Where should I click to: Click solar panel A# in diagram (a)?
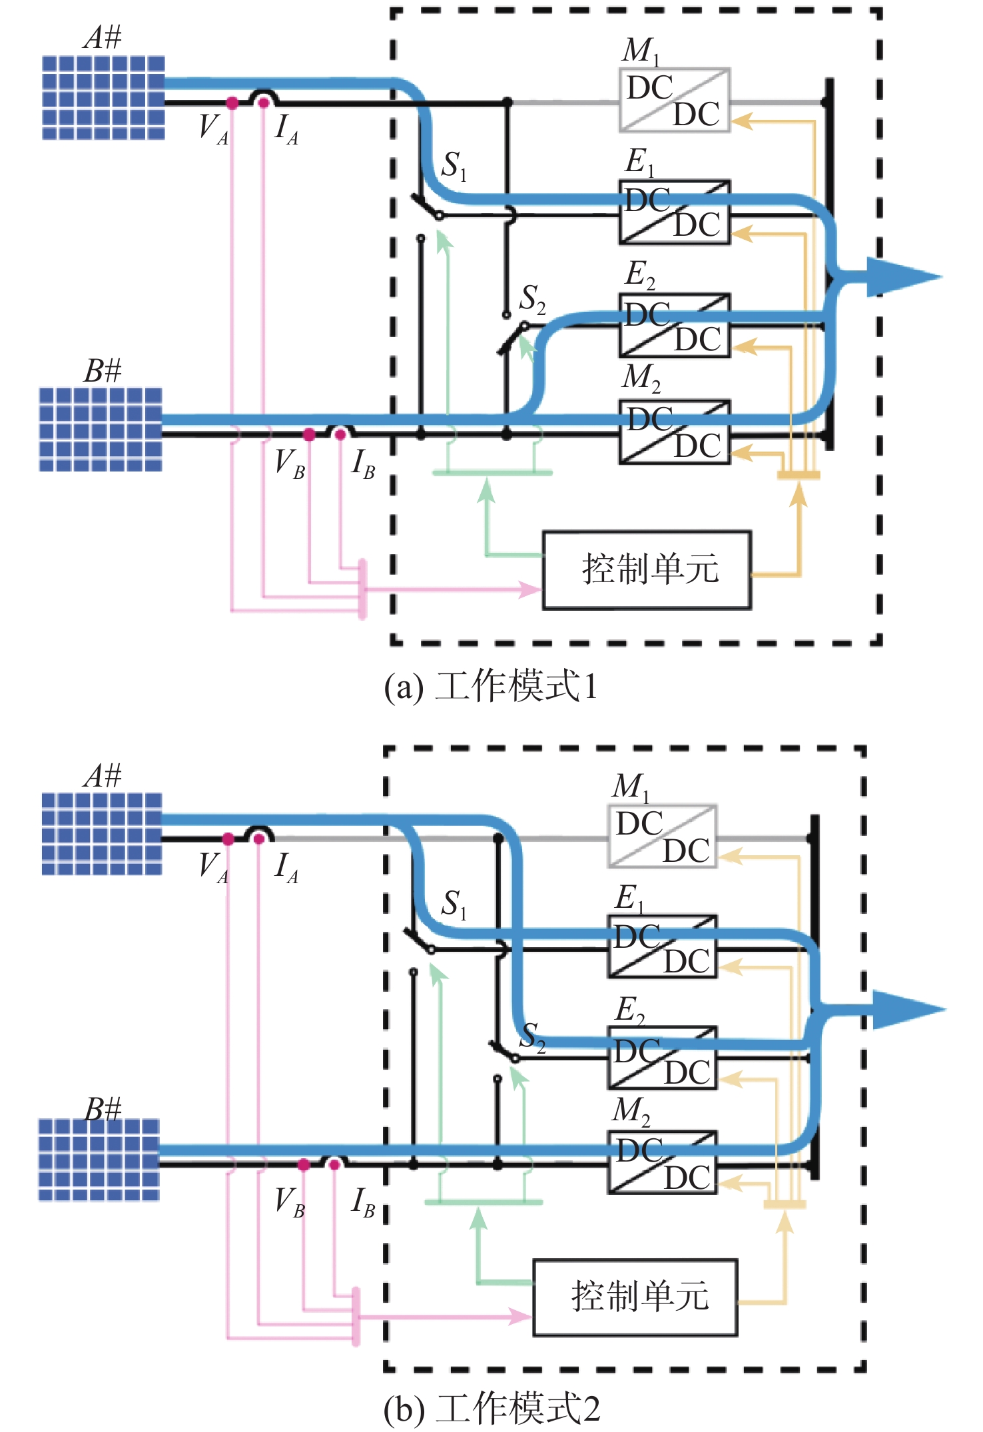(103, 97)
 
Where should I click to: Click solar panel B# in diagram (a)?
(101, 429)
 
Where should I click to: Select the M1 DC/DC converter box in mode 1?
(674, 100)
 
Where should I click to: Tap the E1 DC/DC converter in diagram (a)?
(674, 212)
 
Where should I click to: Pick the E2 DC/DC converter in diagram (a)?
(674, 325)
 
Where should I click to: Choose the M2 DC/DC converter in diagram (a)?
(674, 432)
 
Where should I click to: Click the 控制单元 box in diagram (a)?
(647, 570)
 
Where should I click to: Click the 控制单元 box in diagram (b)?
(635, 1297)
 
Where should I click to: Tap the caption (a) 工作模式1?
(491, 686)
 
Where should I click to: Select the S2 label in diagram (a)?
(532, 299)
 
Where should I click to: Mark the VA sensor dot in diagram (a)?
(232, 103)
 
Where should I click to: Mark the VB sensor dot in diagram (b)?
(304, 1164)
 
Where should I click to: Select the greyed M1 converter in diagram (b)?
(662, 837)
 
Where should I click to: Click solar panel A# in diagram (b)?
(102, 834)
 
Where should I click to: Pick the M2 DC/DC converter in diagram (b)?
(662, 1162)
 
